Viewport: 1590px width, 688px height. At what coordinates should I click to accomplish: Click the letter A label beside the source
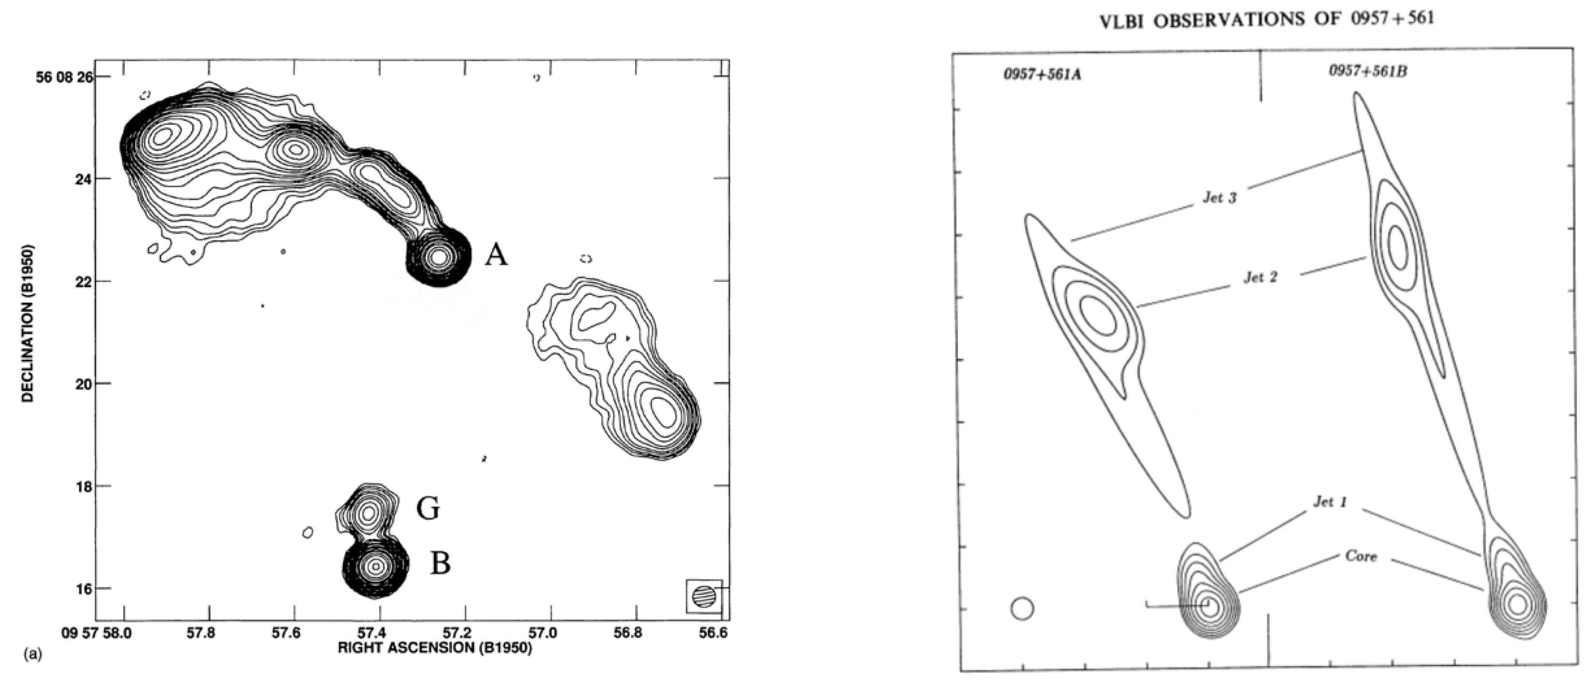coord(496,254)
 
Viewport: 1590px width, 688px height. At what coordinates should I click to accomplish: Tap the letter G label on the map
coord(428,509)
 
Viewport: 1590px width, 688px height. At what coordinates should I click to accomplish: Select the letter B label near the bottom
coord(440,563)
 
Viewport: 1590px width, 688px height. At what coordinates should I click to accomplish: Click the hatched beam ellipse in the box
coord(704,597)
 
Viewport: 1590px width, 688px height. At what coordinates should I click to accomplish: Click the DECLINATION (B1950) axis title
coord(27,323)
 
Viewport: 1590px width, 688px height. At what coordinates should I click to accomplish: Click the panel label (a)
coord(32,654)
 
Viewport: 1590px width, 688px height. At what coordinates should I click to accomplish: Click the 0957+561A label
coord(1042,74)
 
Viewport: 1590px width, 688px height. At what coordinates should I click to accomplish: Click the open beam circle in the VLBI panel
coord(1022,608)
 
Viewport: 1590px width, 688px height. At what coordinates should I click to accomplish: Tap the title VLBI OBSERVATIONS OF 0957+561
coord(1267,20)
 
